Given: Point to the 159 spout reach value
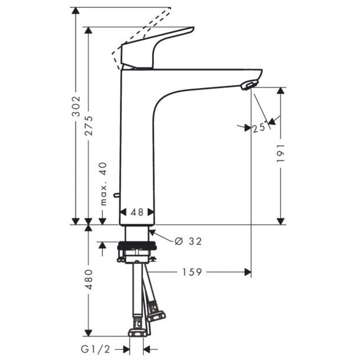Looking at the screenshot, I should pyautogui.click(x=192, y=272).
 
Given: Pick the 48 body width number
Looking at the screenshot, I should pyautogui.click(x=137, y=212).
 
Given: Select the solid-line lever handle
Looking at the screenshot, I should pyautogui.click(x=155, y=46).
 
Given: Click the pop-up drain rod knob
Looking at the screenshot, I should pyautogui.click(x=116, y=196).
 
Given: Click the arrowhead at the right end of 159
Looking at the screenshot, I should pyautogui.click(x=247, y=272).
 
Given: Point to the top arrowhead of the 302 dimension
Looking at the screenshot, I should pyautogui.click(x=76, y=11).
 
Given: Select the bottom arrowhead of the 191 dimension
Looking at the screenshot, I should pyautogui.click(x=281, y=221).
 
